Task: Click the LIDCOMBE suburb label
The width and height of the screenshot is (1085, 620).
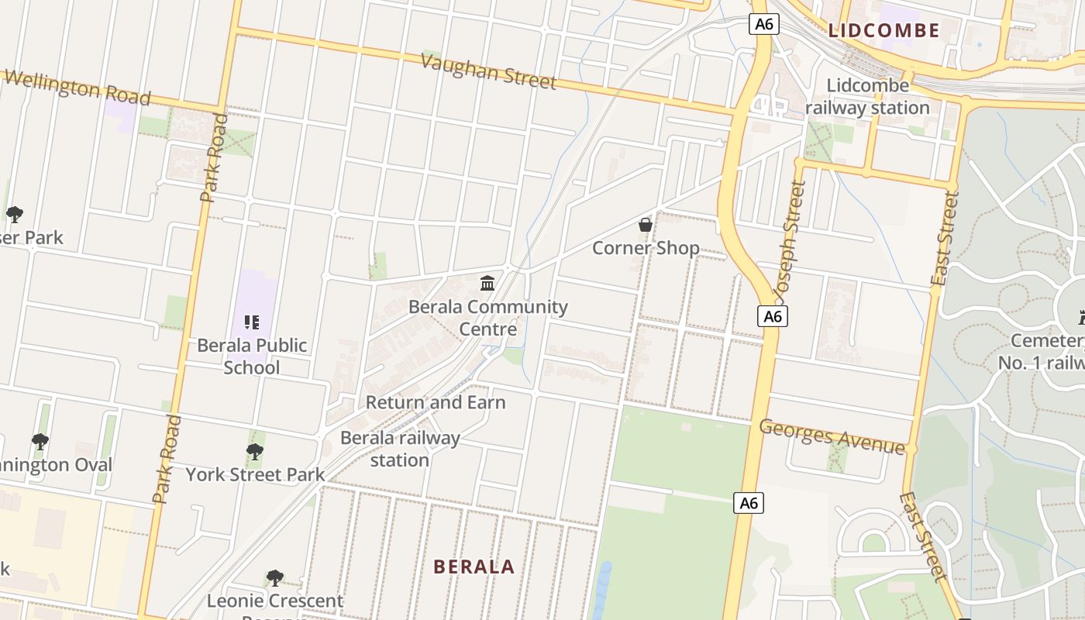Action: coord(883,31)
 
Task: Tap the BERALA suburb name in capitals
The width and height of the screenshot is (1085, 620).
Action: coord(474,567)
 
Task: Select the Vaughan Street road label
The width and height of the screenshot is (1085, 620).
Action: coord(488,71)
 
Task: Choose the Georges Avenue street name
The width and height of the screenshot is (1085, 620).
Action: coord(832,436)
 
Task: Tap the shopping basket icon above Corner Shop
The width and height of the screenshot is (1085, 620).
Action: coord(645,226)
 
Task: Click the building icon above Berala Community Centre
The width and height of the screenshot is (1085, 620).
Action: coord(487,284)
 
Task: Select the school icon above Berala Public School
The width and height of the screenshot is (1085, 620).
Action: coord(251,322)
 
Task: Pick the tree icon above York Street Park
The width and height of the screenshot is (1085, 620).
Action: coord(254,452)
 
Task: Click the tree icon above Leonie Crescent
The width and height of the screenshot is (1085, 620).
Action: coord(274,578)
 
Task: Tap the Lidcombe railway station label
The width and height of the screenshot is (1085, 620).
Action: coord(867,97)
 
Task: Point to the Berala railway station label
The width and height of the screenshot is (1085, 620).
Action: coord(400,449)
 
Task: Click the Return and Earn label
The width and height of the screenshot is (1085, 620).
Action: coord(436,402)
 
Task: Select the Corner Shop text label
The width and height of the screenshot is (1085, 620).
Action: coord(646,248)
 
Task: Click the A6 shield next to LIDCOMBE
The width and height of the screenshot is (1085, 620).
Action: coord(763,24)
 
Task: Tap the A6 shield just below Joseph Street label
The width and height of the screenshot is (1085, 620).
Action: coord(773,316)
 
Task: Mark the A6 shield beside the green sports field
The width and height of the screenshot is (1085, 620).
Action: coord(749,503)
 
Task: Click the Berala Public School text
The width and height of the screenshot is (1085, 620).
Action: coord(252,356)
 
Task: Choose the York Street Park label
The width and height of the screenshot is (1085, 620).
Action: coord(255,474)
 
